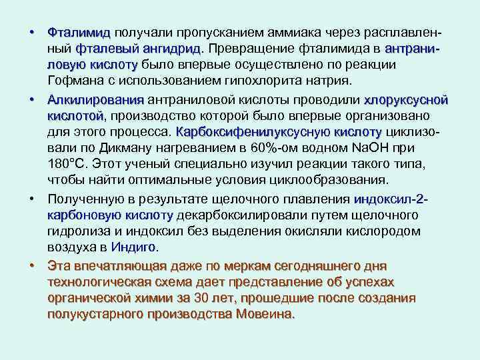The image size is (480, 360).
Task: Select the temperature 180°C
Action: pos(69,165)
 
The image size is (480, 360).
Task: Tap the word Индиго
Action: pos(133,247)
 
